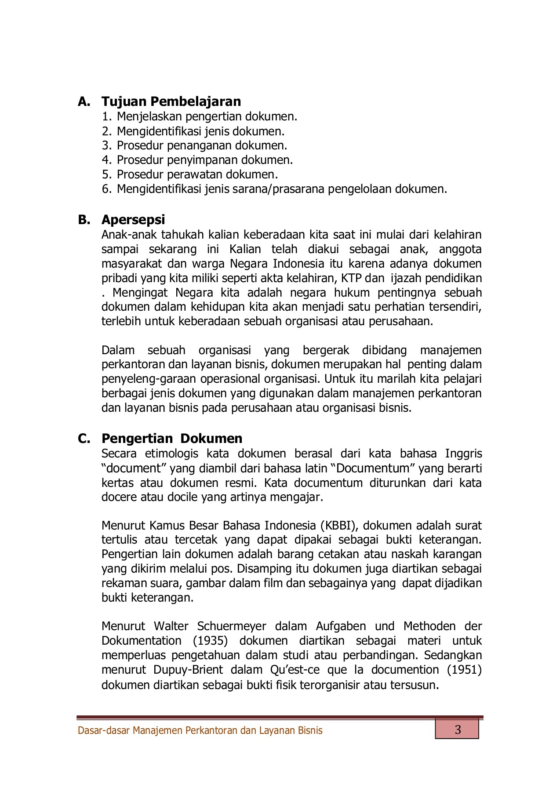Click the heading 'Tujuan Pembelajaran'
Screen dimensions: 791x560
[171, 102]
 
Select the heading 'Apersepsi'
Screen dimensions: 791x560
[133, 220]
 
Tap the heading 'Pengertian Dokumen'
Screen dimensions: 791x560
[172, 439]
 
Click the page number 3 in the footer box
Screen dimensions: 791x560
[458, 730]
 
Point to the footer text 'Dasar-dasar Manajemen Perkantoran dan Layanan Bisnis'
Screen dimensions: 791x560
[200, 730]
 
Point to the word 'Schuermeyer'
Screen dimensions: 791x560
[232, 626]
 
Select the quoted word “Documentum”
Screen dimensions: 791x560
[372, 468]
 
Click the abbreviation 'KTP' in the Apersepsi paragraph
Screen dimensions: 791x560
[351, 279]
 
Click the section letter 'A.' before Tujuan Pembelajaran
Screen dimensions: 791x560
[84, 102]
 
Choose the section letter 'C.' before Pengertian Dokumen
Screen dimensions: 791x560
[84, 439]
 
